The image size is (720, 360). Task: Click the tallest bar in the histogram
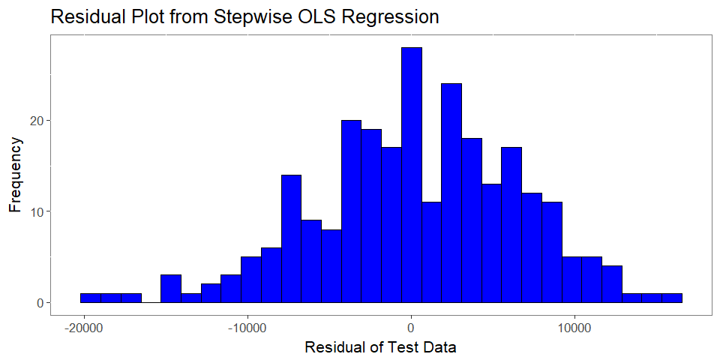pyautogui.click(x=412, y=175)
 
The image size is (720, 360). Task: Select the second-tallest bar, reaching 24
pyautogui.click(x=451, y=193)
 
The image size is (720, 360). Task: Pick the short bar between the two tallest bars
pyautogui.click(x=432, y=253)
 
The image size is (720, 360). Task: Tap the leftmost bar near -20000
pyautogui.click(x=91, y=298)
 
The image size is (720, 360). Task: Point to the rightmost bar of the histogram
pyautogui.click(x=672, y=298)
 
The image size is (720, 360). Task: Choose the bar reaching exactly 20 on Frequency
pyautogui.click(x=351, y=211)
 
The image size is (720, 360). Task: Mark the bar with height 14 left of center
pyautogui.click(x=291, y=238)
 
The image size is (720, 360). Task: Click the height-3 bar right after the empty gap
pyautogui.click(x=171, y=289)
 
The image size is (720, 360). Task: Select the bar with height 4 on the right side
pyautogui.click(x=612, y=284)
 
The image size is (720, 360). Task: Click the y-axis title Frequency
pyautogui.click(x=15, y=175)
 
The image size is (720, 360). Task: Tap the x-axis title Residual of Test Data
pyautogui.click(x=381, y=347)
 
